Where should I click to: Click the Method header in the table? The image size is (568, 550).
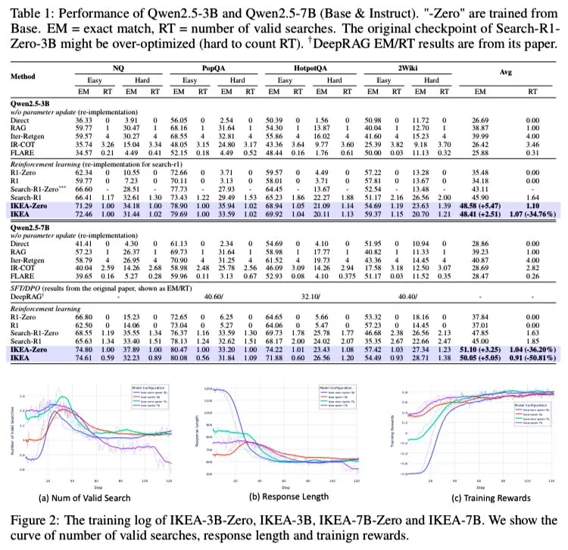coord(24,76)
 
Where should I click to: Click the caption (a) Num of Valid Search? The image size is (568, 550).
coord(95,498)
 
